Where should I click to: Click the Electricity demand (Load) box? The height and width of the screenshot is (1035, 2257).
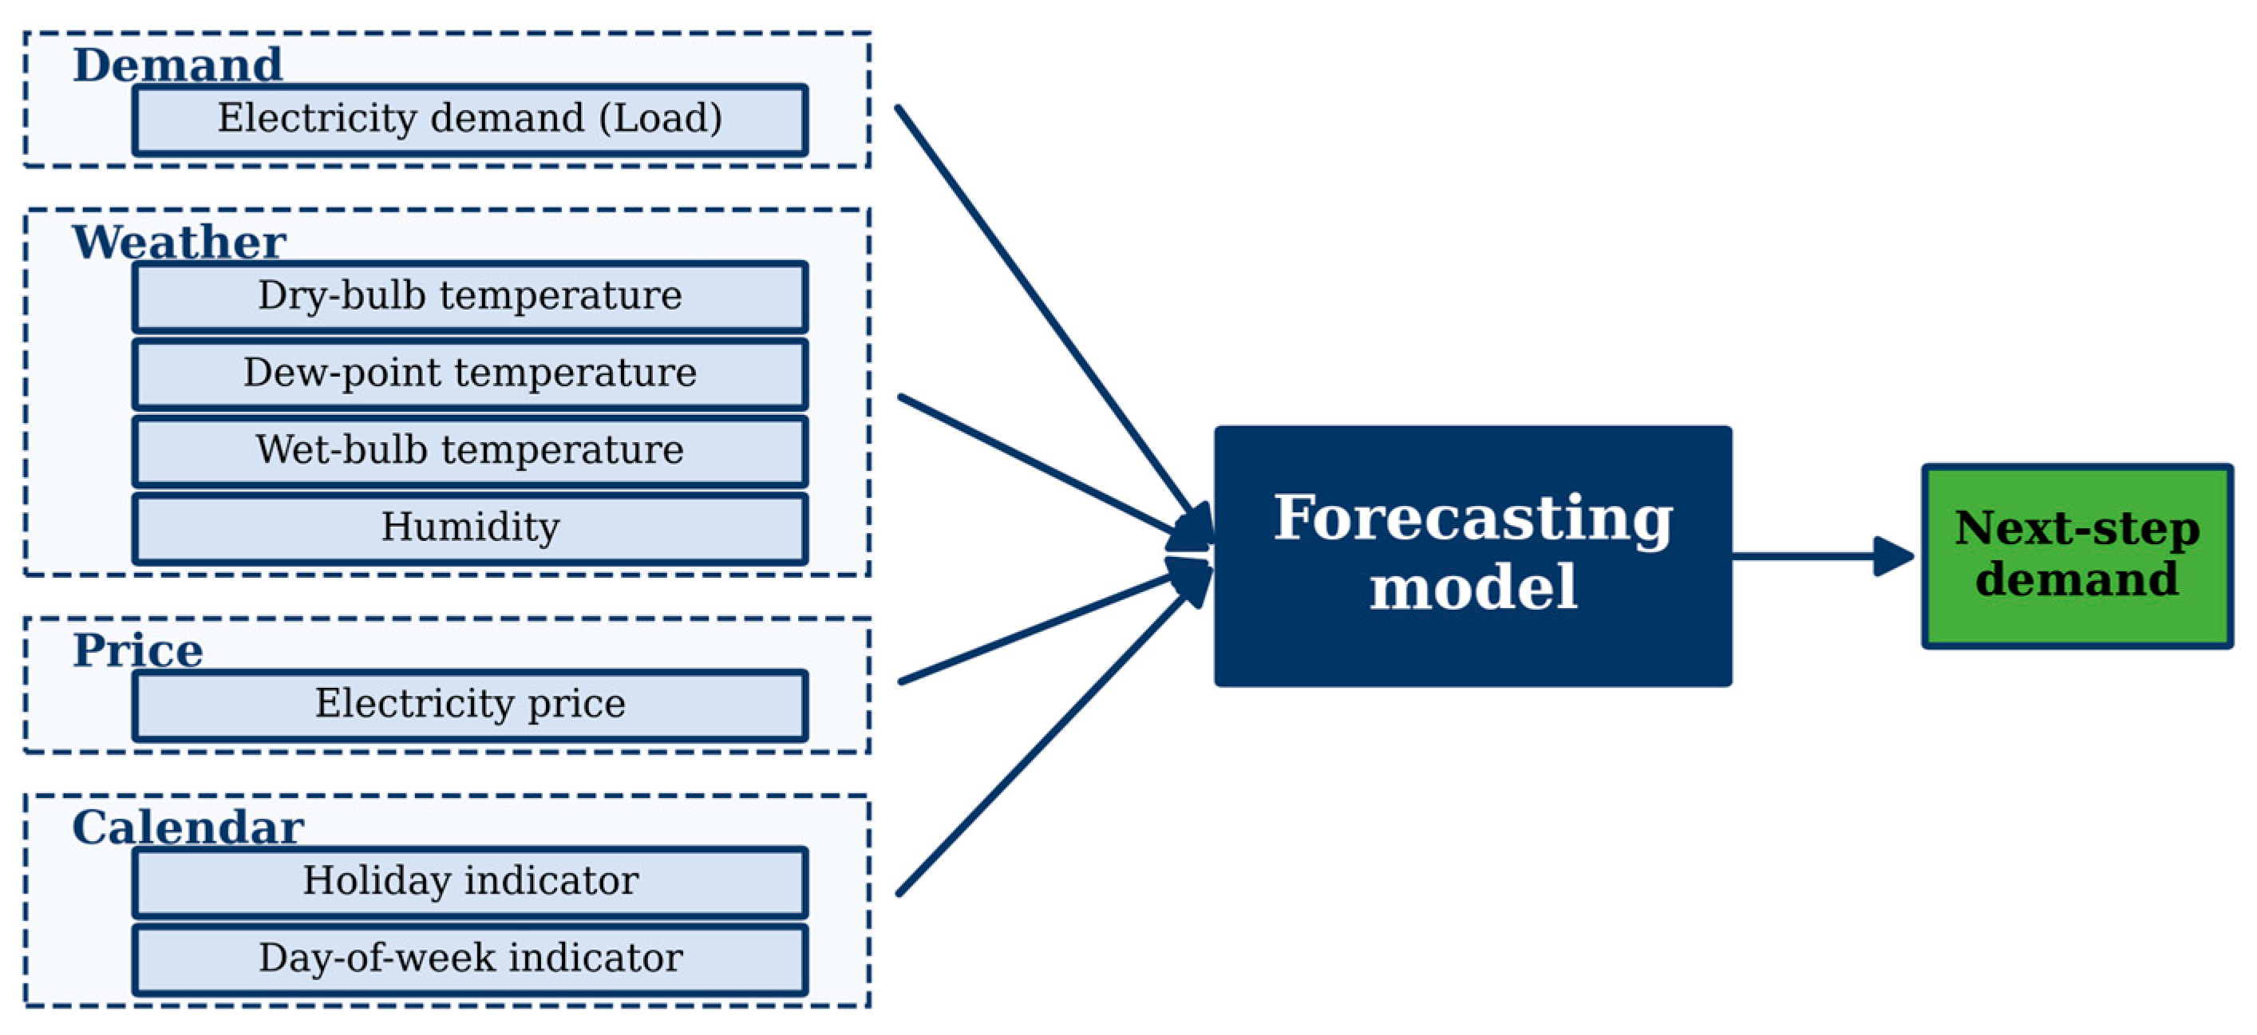[x=471, y=120]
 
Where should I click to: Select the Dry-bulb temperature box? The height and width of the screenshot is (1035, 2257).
[x=471, y=297]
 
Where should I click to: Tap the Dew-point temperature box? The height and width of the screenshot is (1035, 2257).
[x=471, y=374]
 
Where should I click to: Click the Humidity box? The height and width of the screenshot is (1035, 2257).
[x=471, y=528]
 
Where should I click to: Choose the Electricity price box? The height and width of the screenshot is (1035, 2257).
[x=471, y=705]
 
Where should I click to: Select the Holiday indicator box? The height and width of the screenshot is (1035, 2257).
[x=471, y=883]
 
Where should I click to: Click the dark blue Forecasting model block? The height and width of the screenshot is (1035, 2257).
[x=1472, y=556]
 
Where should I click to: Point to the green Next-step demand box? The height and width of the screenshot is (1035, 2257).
[x=2077, y=556]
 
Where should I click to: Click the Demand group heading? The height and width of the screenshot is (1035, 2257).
[x=178, y=65]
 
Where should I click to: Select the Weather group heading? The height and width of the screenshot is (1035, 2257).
[x=180, y=242]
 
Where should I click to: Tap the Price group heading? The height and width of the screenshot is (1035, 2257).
[x=138, y=650]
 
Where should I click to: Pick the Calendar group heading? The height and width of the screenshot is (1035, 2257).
[x=188, y=828]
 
